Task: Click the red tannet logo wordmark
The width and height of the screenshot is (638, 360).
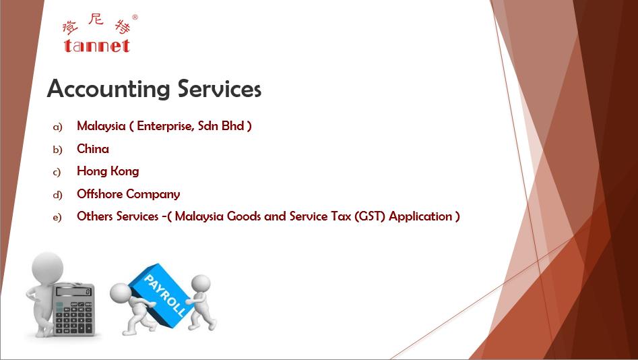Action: (x=97, y=46)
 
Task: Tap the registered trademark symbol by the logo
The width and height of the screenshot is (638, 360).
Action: (x=135, y=17)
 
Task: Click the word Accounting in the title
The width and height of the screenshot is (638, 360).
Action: (x=108, y=90)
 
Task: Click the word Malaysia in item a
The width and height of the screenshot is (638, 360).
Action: (x=101, y=126)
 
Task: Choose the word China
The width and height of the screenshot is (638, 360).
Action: (x=93, y=148)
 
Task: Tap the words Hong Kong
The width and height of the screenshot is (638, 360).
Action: (x=108, y=171)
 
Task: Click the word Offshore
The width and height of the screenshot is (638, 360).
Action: (x=97, y=193)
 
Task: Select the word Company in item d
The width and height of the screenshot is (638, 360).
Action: (x=150, y=194)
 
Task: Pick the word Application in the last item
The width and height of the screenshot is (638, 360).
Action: (x=420, y=216)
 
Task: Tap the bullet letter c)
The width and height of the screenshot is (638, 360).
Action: (x=57, y=173)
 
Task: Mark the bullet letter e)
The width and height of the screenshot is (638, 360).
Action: (x=57, y=218)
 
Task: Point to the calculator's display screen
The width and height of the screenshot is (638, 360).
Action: (x=73, y=291)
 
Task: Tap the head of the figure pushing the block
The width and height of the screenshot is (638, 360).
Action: (x=201, y=283)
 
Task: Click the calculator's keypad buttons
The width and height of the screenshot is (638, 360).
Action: (x=73, y=317)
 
